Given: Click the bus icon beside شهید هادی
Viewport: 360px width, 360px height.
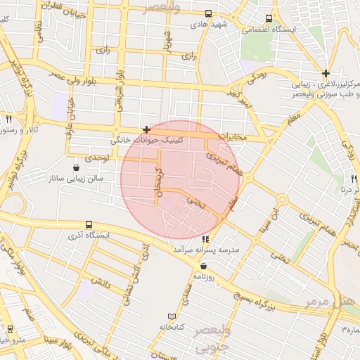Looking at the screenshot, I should click(x=209, y=13).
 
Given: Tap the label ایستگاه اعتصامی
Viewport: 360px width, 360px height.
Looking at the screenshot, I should click(x=269, y=30).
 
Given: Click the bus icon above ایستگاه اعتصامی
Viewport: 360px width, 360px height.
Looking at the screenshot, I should click(x=269, y=19).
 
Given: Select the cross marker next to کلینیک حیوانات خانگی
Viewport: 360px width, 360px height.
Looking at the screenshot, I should click(x=146, y=129).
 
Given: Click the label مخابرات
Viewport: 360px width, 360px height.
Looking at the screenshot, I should click(x=231, y=136).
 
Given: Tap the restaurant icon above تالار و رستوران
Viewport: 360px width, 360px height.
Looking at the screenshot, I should click(x=9, y=120).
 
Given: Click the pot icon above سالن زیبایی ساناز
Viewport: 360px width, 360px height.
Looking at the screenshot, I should click(x=75, y=167).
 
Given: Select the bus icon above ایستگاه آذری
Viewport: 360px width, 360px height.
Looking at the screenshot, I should click(x=88, y=224).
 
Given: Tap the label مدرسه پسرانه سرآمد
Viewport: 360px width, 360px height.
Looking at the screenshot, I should click(x=206, y=250).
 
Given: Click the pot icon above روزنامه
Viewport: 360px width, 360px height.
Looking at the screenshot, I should click(x=204, y=266).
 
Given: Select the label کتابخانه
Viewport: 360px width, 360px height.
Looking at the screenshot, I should click(x=172, y=327).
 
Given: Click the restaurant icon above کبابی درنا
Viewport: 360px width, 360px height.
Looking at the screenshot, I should click(x=355, y=179).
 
